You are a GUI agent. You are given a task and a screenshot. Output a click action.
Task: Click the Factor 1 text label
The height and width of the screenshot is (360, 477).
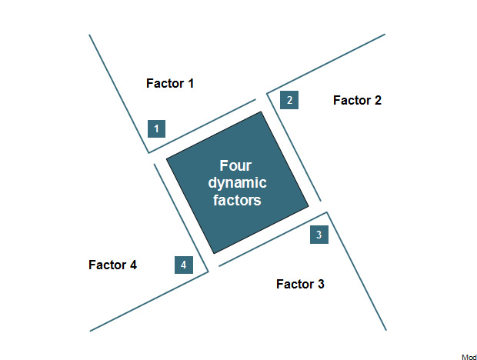170,83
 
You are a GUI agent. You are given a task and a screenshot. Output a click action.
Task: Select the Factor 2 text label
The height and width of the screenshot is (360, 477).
357,100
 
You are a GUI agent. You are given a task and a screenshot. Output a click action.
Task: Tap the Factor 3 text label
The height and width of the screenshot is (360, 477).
300,284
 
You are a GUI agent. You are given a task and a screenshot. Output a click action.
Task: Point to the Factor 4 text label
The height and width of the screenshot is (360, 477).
112,265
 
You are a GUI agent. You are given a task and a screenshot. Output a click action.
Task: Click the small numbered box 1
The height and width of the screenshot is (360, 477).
157,129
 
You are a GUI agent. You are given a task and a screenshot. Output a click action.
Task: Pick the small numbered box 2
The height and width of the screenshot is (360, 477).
289,100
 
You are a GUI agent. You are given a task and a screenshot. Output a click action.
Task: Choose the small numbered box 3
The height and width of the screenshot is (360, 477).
319,235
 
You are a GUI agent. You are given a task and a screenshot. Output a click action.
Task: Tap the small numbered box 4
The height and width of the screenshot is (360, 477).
184,265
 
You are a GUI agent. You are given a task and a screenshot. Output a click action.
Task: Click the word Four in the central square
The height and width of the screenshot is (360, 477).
235,165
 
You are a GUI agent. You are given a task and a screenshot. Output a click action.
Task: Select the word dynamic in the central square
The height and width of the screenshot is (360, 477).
237,183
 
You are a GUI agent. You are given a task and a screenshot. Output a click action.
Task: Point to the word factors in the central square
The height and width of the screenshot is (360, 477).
237,200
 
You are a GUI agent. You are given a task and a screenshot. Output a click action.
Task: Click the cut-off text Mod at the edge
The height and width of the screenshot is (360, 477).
469,357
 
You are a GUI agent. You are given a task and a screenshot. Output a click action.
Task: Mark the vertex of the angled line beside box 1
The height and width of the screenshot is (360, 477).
148,152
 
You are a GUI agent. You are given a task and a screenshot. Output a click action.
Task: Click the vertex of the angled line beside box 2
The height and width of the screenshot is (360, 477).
267,93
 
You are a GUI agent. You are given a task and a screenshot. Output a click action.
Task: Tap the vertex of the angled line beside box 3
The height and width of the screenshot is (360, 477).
327,212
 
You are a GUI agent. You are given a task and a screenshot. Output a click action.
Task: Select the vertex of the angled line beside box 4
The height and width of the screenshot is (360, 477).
208,272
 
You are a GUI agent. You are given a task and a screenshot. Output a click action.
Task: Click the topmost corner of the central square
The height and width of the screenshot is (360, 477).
261,112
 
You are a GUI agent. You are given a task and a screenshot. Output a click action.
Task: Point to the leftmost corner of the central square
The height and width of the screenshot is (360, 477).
166,158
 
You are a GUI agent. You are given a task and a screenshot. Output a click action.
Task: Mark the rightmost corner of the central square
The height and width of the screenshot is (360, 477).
309,206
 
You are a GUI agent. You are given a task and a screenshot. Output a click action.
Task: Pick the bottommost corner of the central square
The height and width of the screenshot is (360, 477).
214,253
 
